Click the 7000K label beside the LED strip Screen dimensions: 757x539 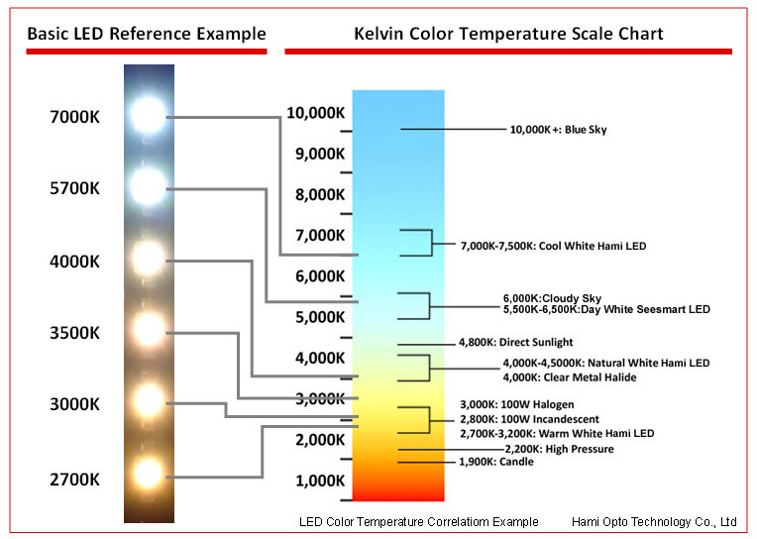[x=74, y=117]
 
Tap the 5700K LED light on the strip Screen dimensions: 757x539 [x=148, y=186]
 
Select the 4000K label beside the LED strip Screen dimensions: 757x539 [x=74, y=262]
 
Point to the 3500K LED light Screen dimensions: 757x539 [x=149, y=330]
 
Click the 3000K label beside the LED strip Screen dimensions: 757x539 [x=74, y=404]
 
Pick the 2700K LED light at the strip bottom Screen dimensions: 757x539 [x=148, y=474]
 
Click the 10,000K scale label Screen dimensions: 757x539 [x=316, y=113]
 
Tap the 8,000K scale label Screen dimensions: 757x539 [x=320, y=194]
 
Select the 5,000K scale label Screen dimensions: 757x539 [x=320, y=317]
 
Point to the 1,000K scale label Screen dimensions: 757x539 [x=320, y=481]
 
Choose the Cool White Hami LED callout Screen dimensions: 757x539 [x=553, y=246]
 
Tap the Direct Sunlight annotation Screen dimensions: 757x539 [x=515, y=342]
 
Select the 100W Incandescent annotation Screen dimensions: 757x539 [x=529, y=419]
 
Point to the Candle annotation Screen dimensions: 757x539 [x=496, y=462]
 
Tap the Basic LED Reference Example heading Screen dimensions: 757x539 [x=147, y=34]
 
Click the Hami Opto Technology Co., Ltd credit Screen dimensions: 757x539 [x=654, y=521]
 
